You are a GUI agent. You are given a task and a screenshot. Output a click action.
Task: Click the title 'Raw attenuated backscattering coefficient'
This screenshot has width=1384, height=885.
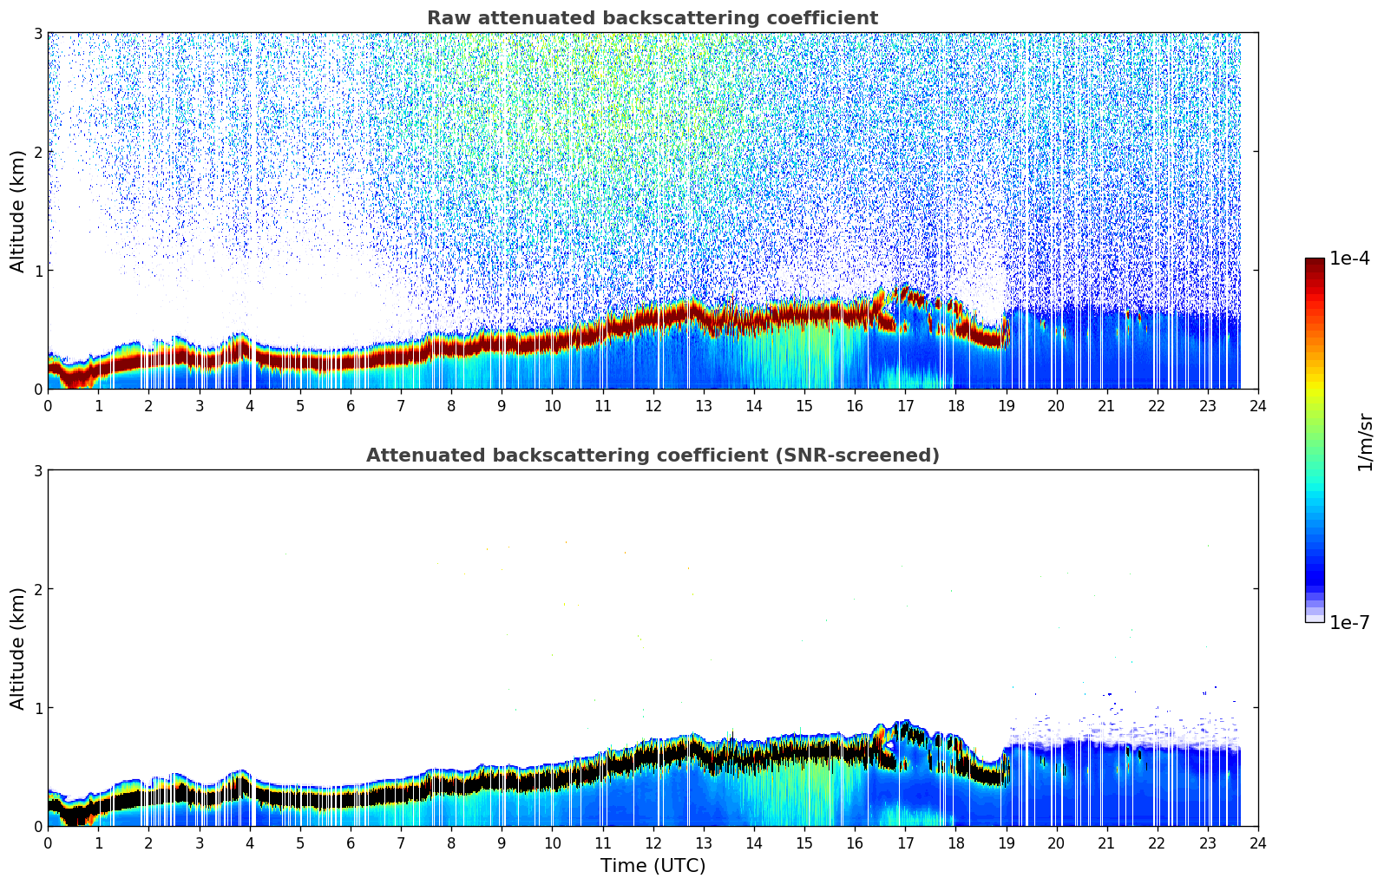pos(652,18)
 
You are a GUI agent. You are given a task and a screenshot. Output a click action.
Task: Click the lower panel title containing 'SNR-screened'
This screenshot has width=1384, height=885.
pos(652,456)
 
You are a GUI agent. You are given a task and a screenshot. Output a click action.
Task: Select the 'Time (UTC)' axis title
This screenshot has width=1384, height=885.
pos(653,866)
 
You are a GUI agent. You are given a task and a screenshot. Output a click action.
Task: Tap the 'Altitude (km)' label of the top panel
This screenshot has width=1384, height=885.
pos(17,211)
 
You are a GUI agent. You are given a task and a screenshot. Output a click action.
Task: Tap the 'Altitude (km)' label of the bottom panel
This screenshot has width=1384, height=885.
pos(17,648)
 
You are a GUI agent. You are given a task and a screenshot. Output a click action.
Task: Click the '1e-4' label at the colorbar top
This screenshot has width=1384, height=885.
pos(1349,259)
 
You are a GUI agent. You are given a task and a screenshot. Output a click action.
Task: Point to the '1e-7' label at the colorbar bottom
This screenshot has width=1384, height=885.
pos(1349,623)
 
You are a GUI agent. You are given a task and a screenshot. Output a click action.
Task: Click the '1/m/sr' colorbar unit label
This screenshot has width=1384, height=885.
pos(1365,442)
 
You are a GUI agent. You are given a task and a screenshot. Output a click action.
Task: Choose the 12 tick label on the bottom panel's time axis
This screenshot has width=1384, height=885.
pos(653,843)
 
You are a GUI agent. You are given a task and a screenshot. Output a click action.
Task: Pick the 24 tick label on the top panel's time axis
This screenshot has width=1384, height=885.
pos(1257,406)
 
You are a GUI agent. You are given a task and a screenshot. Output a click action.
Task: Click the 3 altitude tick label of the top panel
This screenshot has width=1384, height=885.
pos(37,33)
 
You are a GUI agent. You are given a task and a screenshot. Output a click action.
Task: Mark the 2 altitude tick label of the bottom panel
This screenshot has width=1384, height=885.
pos(37,589)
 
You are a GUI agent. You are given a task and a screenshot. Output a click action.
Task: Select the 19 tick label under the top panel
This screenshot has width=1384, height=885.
pos(1006,406)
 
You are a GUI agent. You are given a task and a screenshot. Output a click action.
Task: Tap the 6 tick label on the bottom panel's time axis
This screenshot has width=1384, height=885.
pos(351,843)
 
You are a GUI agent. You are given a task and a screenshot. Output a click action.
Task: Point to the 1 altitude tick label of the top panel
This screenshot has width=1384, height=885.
pos(37,271)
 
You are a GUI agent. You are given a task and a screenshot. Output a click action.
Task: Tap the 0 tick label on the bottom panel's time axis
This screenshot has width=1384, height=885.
pos(48,843)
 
